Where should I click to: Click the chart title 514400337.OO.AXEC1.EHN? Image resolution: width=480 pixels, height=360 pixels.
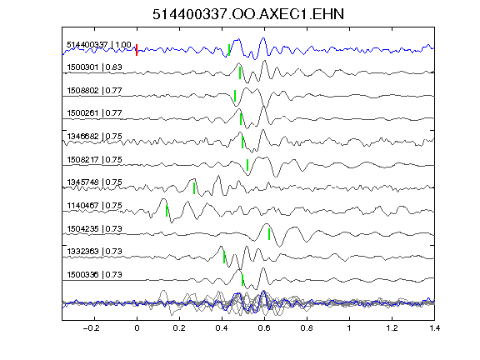point(248,14)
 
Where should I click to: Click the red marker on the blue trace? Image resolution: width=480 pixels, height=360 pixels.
point(137,50)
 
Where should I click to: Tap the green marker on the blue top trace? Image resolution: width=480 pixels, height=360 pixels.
point(229,50)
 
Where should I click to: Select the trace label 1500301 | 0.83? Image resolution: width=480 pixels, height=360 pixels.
point(95,67)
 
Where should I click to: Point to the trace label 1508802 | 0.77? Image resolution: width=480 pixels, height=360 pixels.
point(95,91)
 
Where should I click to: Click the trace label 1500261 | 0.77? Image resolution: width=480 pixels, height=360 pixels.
point(95,113)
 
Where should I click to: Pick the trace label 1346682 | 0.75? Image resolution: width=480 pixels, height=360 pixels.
point(95,136)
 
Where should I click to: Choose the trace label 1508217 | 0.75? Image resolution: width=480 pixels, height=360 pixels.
point(95,160)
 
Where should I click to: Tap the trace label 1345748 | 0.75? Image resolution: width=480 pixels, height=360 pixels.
point(95,182)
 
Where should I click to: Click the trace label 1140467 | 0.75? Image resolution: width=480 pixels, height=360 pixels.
point(95,205)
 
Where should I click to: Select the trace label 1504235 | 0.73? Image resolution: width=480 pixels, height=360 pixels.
point(95,229)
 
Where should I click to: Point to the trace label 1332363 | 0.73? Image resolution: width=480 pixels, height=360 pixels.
point(95,252)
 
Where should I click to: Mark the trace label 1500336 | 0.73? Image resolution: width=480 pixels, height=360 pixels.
point(95,275)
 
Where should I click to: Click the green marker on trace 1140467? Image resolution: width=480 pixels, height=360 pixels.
point(167,211)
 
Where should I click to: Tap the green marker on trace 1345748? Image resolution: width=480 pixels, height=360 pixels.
point(194,188)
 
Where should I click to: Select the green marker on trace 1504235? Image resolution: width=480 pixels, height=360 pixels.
point(269,234)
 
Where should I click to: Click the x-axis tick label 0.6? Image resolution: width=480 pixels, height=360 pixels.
point(264,328)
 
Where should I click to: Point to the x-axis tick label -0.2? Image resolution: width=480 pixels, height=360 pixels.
point(91,328)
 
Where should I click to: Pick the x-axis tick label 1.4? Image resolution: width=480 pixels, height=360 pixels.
point(435,328)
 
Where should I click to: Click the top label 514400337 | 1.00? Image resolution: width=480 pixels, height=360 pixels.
point(99,45)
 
